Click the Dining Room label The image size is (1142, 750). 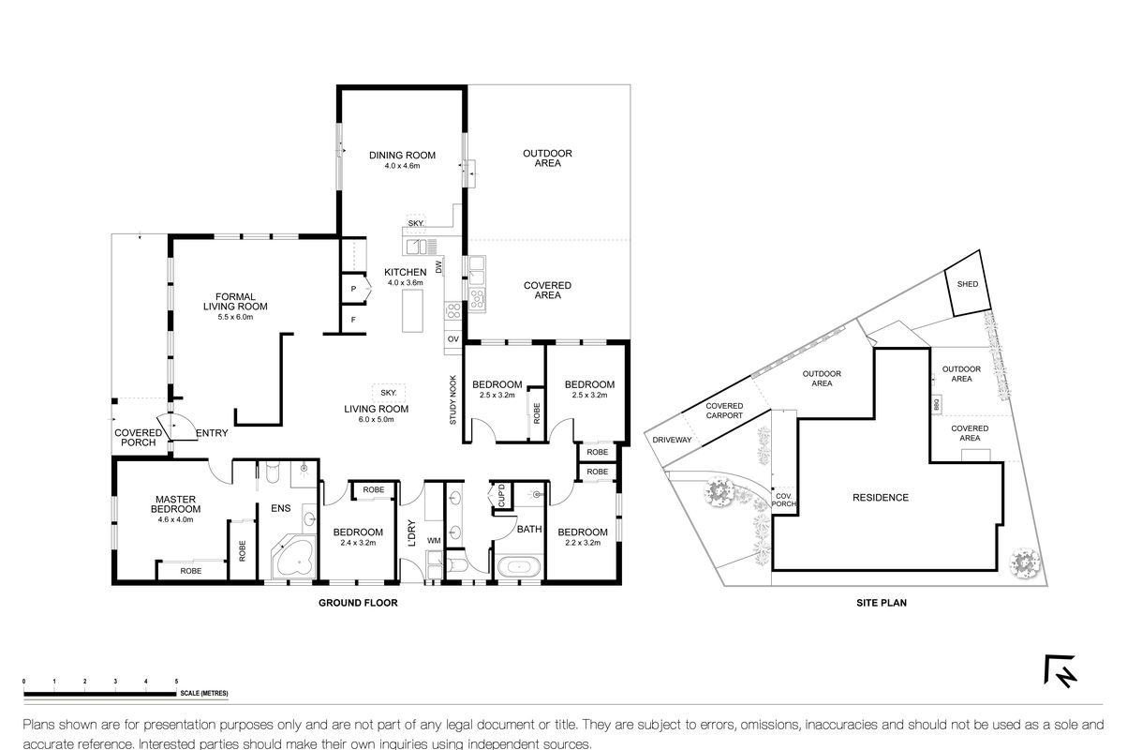pyautogui.click(x=402, y=155)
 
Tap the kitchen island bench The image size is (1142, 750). pyautogui.click(x=412, y=310)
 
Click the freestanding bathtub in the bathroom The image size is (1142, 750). pyautogui.click(x=518, y=567)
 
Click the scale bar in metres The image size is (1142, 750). pyautogui.click(x=100, y=694)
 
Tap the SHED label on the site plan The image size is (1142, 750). pyautogui.click(x=967, y=284)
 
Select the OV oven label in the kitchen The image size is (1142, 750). pyautogui.click(x=453, y=338)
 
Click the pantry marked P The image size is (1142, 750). pyautogui.click(x=353, y=290)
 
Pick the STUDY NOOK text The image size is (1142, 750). pyautogui.click(x=452, y=400)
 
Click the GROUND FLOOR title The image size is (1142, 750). pyautogui.click(x=358, y=603)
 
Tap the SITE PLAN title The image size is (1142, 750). pyautogui.click(x=882, y=603)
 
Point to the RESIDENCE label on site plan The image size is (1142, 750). pyautogui.click(x=881, y=498)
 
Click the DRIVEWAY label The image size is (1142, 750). pyautogui.click(x=672, y=440)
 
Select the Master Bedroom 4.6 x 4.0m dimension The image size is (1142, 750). pyautogui.click(x=175, y=520)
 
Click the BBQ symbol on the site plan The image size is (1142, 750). pyautogui.click(x=936, y=405)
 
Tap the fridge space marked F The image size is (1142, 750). pyautogui.click(x=353, y=320)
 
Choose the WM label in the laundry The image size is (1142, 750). pyautogui.click(x=434, y=540)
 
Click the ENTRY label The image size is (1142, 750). pyautogui.click(x=212, y=433)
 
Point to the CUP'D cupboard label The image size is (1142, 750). pyautogui.click(x=501, y=495)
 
